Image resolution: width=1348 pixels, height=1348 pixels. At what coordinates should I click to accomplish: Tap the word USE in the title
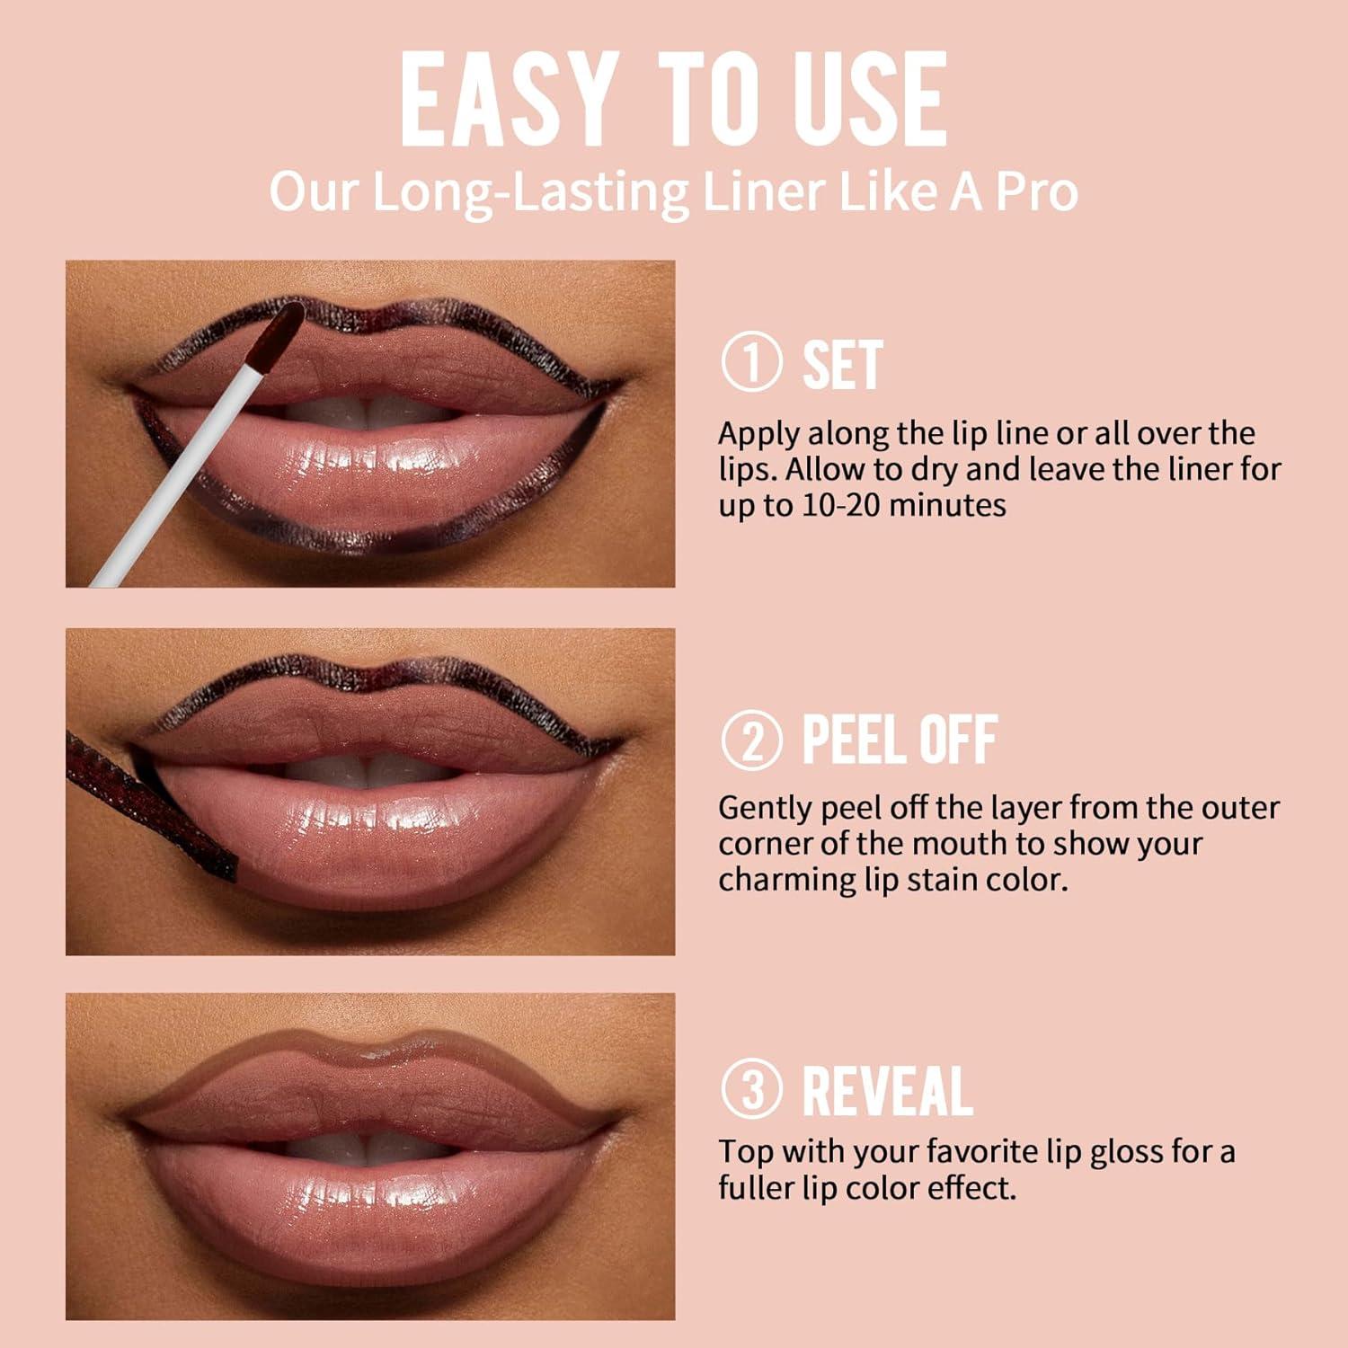click(870, 100)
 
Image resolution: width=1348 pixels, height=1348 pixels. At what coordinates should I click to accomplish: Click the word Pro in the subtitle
click(1037, 191)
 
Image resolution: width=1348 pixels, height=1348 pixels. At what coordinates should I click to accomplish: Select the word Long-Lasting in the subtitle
click(529, 193)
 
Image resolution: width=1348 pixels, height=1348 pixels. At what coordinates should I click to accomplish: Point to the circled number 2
click(751, 740)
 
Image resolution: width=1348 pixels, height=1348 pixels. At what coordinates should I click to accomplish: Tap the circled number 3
click(751, 1089)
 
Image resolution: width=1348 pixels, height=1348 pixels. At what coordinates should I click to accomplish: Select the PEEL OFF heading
click(899, 740)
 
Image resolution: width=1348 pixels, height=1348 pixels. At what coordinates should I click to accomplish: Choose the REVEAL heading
click(887, 1090)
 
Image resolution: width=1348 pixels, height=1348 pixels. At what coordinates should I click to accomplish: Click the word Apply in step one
click(758, 434)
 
